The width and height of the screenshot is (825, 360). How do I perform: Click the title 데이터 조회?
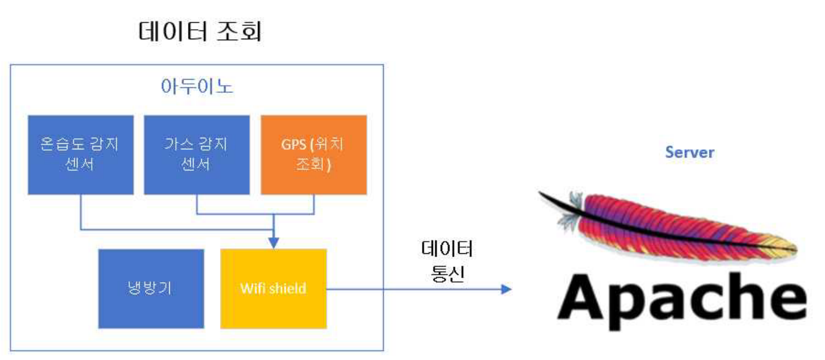200,32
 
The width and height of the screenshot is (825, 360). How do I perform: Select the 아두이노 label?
197,87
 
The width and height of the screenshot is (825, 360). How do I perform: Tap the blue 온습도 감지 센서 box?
81,155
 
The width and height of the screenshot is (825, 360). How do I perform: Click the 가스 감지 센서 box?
196,155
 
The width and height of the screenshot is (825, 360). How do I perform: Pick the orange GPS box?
314,155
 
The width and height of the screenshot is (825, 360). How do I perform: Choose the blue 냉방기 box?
151,288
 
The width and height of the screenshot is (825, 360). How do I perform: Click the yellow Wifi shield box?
273,288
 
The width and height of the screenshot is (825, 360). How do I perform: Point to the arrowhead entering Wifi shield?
273,243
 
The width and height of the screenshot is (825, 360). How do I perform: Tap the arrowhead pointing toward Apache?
505,289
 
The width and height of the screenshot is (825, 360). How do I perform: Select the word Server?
690,152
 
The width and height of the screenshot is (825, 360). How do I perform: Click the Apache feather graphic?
664,227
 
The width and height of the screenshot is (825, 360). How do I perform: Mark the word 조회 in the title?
239,32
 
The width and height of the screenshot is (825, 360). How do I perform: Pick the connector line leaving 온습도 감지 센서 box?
81,213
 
